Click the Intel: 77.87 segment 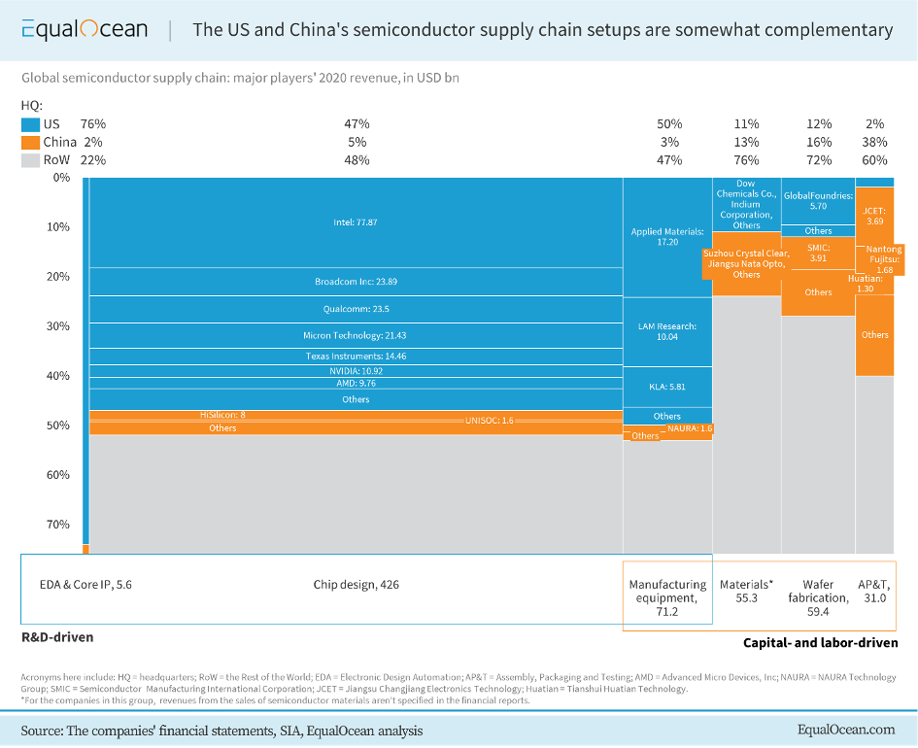coord(356,222)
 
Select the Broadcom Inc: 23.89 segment coord(356,282)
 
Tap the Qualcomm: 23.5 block coord(356,309)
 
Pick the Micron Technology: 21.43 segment coord(356,335)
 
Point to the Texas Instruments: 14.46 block coord(356,357)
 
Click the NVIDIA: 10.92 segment coord(356,371)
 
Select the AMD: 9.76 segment coord(356,384)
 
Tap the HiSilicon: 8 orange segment coord(222,415)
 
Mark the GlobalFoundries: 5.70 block coord(818,201)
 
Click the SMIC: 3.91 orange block coord(818,253)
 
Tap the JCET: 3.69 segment coord(874,216)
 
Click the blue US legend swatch coord(31,124)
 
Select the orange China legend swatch coord(31,142)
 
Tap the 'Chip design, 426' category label coord(356,585)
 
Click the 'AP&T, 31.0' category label coord(872,592)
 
